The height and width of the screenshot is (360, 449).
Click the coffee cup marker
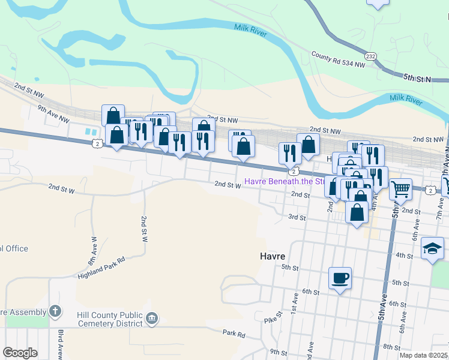(340, 278)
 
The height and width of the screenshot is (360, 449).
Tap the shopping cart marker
(400, 190)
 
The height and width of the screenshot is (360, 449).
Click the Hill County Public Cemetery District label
(110, 319)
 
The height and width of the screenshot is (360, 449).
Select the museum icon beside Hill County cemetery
(152, 318)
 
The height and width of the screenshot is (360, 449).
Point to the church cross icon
(55, 311)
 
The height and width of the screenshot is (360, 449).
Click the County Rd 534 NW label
(338, 59)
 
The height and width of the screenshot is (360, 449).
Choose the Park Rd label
(234, 333)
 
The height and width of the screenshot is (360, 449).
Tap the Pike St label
(279, 318)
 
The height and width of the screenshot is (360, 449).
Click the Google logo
(20, 353)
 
